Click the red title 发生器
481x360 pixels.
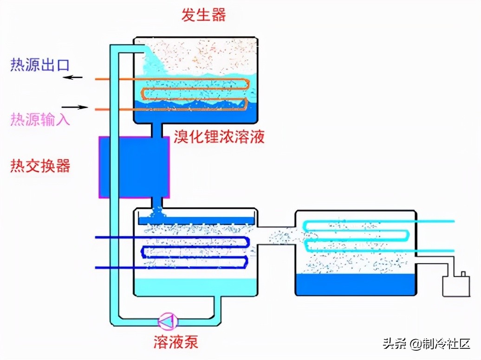[203, 15]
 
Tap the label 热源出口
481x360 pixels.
[40, 65]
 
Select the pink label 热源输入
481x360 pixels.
[40, 120]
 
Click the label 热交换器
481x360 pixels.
[40, 166]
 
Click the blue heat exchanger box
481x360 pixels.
[134, 167]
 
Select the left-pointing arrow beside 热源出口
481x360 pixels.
[73, 77]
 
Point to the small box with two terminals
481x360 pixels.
[456, 285]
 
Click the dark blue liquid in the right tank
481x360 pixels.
[355, 284]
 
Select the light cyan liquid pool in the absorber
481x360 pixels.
[195, 286]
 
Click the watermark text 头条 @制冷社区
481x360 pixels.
[426, 344]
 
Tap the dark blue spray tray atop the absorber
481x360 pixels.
[195, 220]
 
